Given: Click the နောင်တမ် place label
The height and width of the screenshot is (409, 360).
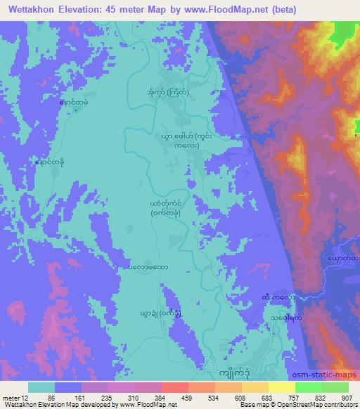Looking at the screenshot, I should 75,104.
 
